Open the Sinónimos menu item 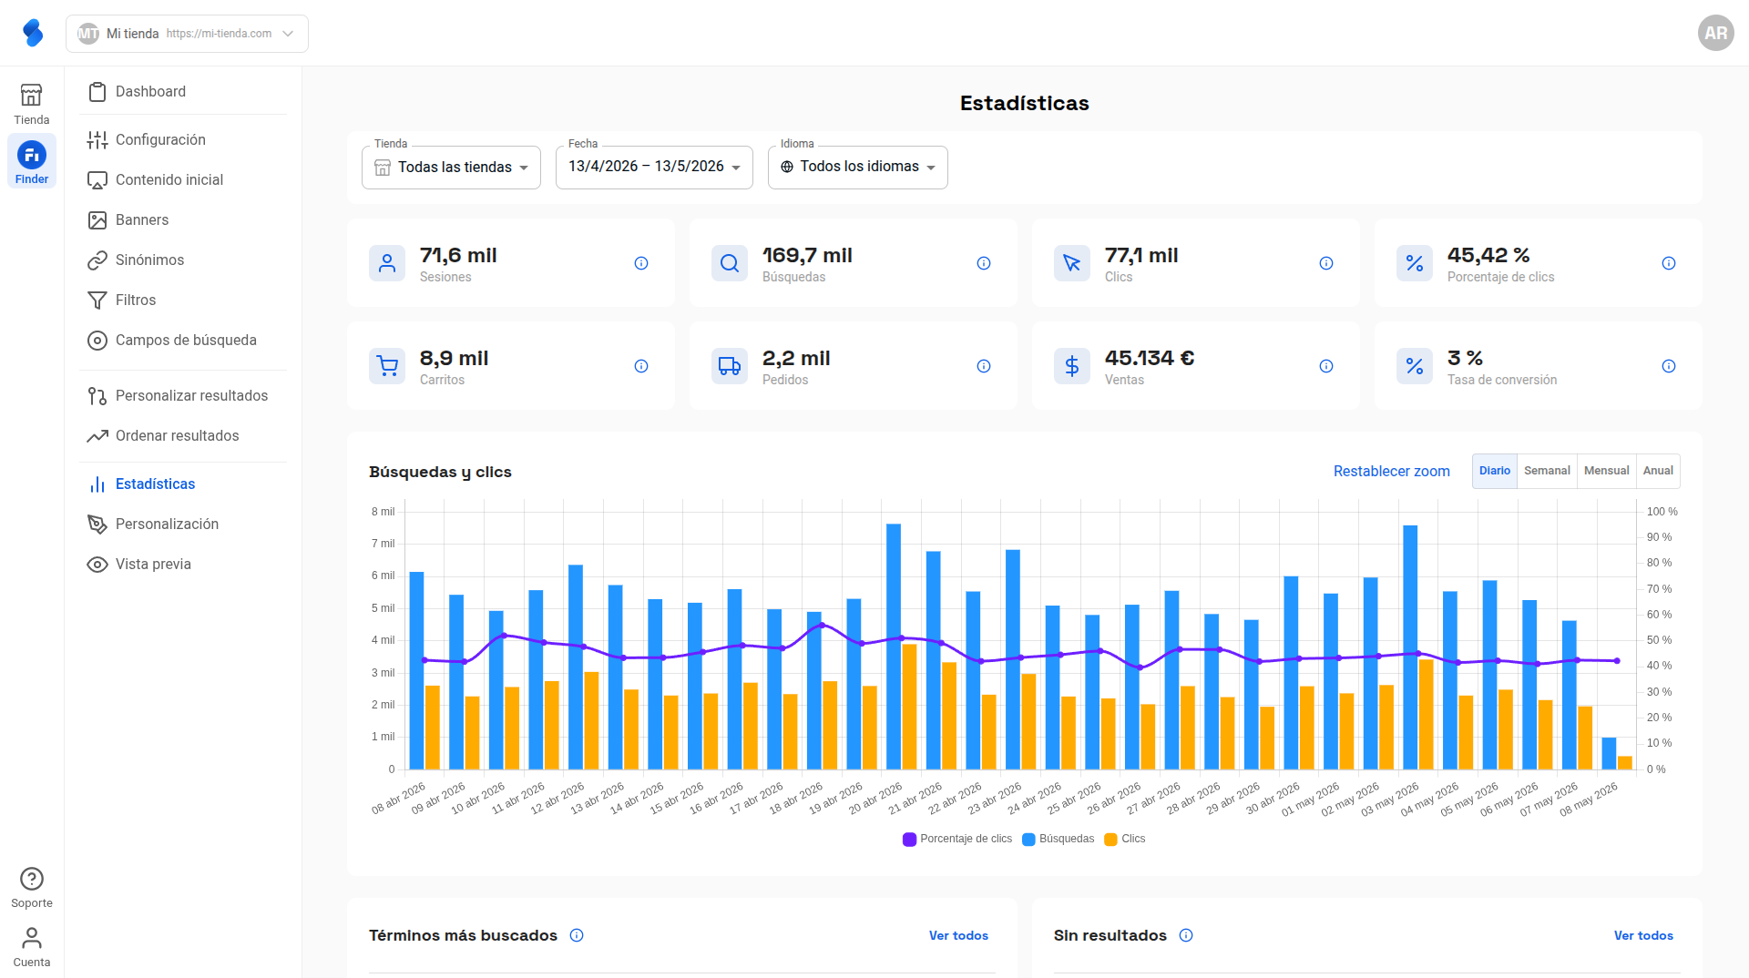click(149, 260)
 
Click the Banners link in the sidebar click(141, 220)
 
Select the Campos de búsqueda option click(186, 341)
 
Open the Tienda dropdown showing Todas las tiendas click(451, 168)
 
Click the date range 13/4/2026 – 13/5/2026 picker click(654, 168)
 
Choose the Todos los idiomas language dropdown click(857, 168)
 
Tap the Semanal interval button click(1547, 471)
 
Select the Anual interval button click(1658, 471)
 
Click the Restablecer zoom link click(1391, 472)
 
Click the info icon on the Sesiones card click(641, 263)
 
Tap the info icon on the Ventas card click(1326, 366)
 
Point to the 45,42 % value click(1488, 256)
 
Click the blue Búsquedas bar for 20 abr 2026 click(894, 647)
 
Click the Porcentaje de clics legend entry click(957, 840)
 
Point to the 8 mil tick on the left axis click(383, 512)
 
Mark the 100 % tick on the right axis click(1662, 512)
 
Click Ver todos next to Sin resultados click(1643, 936)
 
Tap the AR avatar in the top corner click(1716, 33)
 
